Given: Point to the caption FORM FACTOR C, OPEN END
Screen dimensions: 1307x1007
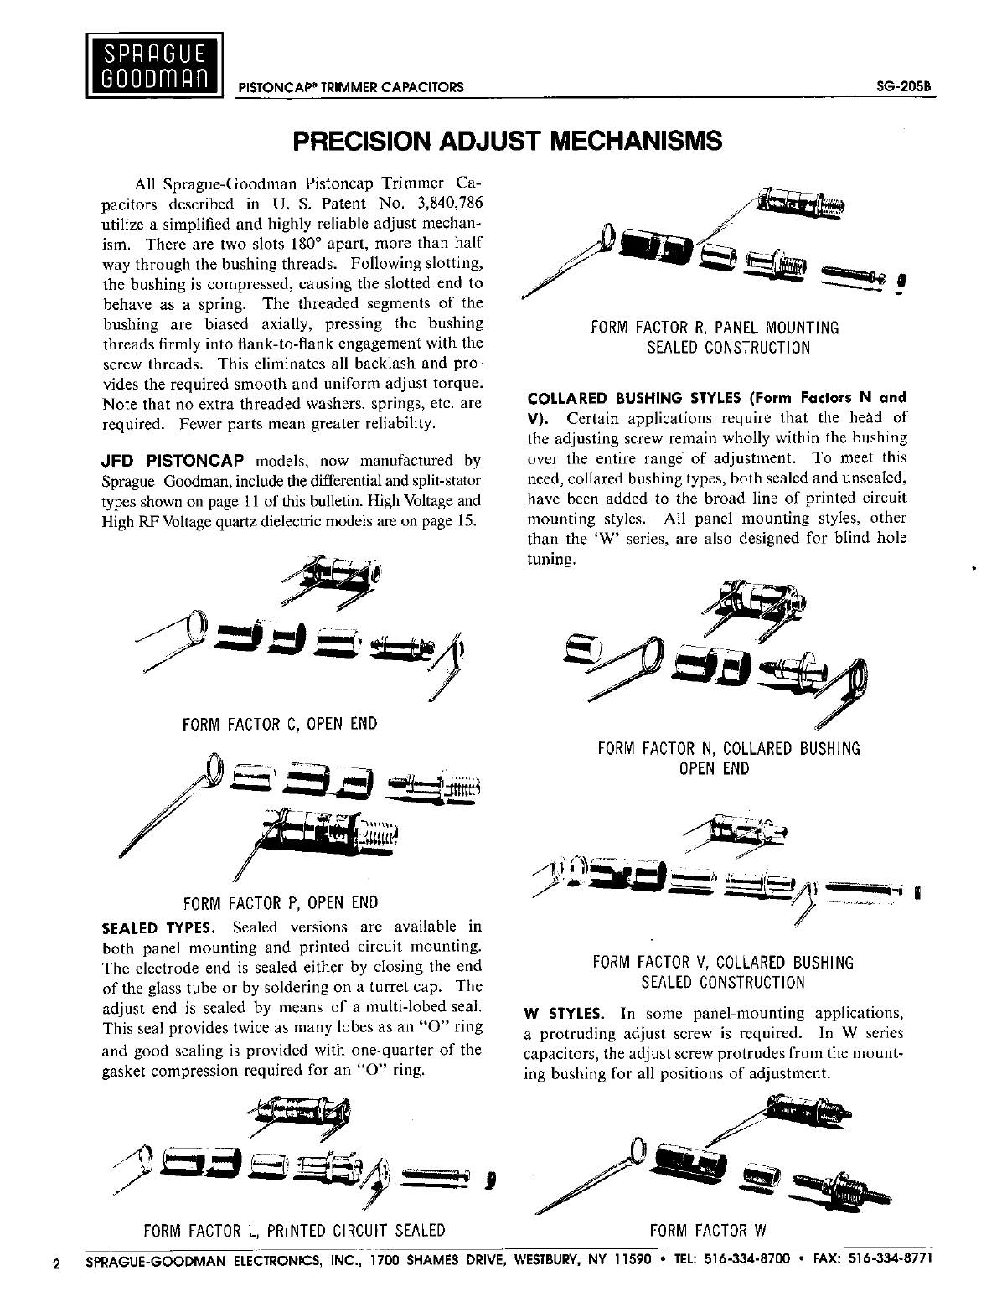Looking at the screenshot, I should tap(280, 724).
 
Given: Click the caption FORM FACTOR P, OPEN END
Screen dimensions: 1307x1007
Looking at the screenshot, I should tap(280, 903).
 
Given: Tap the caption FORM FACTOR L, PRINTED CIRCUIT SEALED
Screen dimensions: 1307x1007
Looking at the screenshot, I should tap(294, 1231).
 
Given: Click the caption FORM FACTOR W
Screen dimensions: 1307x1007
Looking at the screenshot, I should tap(709, 1231).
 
